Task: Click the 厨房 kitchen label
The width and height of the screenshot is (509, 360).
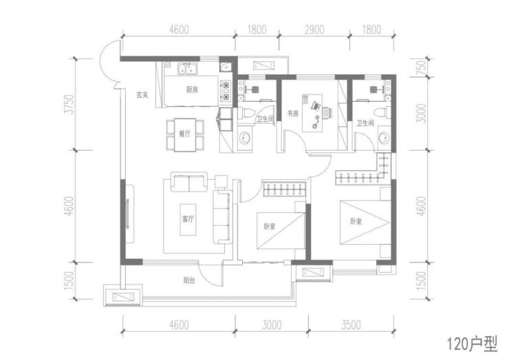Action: pyautogui.click(x=192, y=89)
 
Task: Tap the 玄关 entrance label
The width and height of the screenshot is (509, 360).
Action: pyautogui.click(x=142, y=95)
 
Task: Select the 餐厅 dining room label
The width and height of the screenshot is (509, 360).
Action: pyautogui.click(x=185, y=134)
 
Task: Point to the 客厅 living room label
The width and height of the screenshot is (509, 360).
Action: pyautogui.click(x=188, y=219)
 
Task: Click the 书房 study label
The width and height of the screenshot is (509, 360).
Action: pyautogui.click(x=292, y=114)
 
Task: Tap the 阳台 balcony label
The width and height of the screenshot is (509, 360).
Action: pyautogui.click(x=189, y=279)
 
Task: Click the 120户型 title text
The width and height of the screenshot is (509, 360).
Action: pyautogui.click(x=473, y=344)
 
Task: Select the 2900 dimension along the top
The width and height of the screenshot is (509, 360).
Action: pyautogui.click(x=314, y=30)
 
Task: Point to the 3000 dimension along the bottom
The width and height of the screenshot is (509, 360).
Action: pyautogui.click(x=272, y=325)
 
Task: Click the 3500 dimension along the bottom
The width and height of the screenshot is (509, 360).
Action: pyautogui.click(x=351, y=325)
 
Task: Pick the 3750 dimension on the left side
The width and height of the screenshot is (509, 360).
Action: pyautogui.click(x=70, y=105)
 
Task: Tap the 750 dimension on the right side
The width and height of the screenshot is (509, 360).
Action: pyautogui.click(x=421, y=67)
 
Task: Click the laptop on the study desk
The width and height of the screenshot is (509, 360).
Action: pyautogui.click(x=316, y=105)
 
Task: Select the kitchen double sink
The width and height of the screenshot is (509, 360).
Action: pyautogui.click(x=187, y=69)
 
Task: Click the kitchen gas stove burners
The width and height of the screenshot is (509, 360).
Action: pyautogui.click(x=226, y=91)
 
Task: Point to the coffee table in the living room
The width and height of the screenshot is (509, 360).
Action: pyautogui.click(x=188, y=220)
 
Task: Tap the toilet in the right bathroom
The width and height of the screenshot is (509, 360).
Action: pyautogui.click(x=382, y=112)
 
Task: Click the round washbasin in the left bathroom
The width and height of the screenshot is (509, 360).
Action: pyautogui.click(x=244, y=139)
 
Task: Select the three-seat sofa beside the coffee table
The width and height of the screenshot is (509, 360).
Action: pyautogui.click(x=221, y=217)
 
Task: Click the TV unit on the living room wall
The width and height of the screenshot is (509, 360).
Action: pyautogui.click(x=130, y=214)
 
